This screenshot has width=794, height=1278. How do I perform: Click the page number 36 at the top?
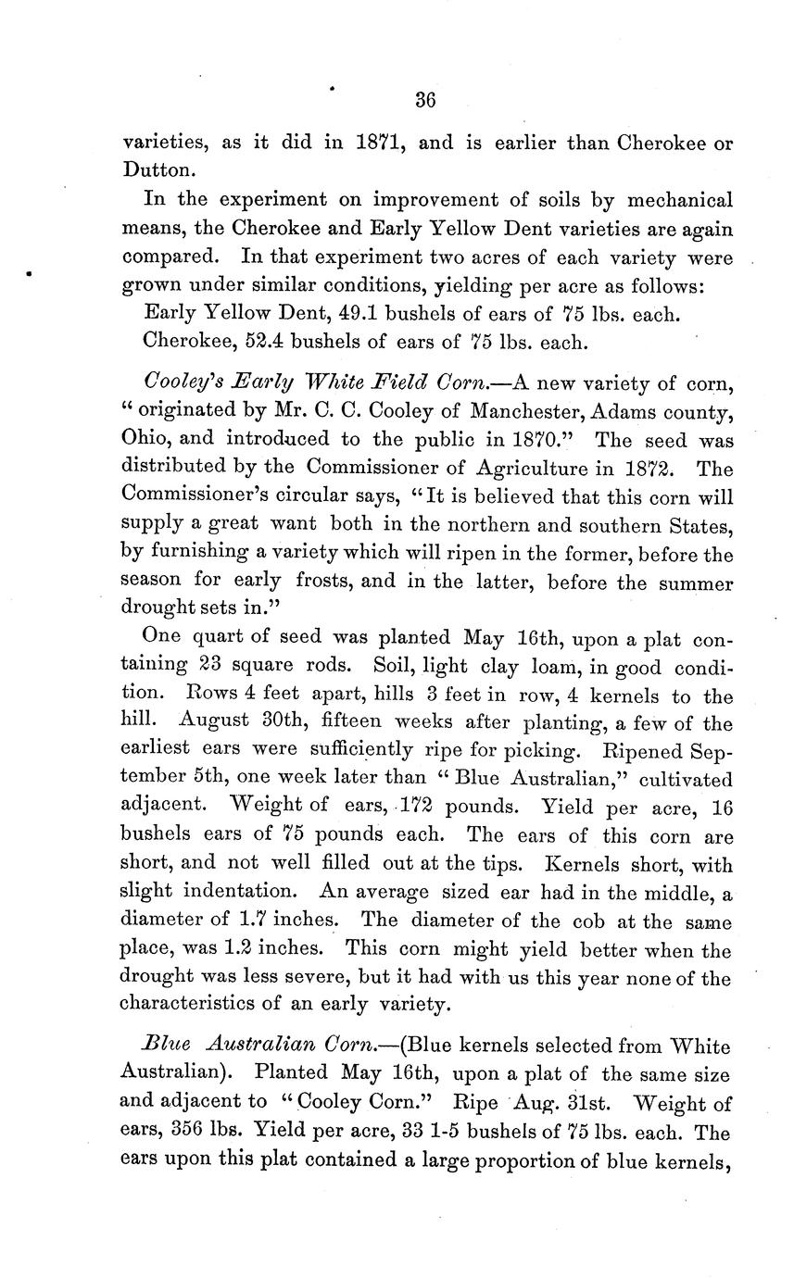(x=425, y=101)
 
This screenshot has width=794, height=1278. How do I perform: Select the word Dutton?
(x=158, y=171)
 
